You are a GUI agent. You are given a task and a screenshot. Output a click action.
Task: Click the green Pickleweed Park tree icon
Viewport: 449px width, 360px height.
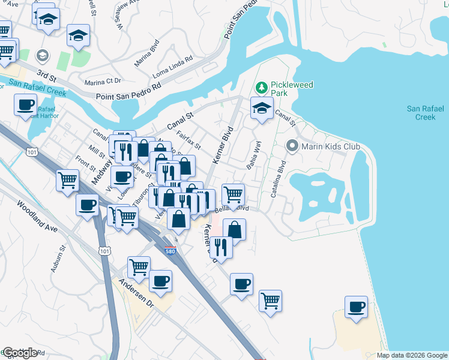[261, 88]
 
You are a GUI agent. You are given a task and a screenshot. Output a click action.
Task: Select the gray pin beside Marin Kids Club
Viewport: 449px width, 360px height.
[292, 146]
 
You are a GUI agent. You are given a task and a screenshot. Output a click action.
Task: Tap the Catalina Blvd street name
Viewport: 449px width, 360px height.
[277, 179]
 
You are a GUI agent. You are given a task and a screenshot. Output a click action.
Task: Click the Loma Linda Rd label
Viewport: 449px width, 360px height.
[173, 64]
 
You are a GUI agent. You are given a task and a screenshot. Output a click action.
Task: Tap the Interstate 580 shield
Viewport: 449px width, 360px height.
[170, 251]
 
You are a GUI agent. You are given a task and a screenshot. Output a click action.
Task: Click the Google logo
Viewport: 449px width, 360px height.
[20, 353]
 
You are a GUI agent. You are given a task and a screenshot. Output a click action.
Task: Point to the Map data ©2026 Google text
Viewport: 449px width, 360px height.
[411, 355]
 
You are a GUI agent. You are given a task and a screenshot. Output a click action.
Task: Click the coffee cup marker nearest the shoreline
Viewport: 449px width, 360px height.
[356, 307]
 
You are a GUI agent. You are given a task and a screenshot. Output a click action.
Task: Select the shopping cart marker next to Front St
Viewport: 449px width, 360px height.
[68, 179]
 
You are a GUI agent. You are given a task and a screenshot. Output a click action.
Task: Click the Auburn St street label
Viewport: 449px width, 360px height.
[57, 259]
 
